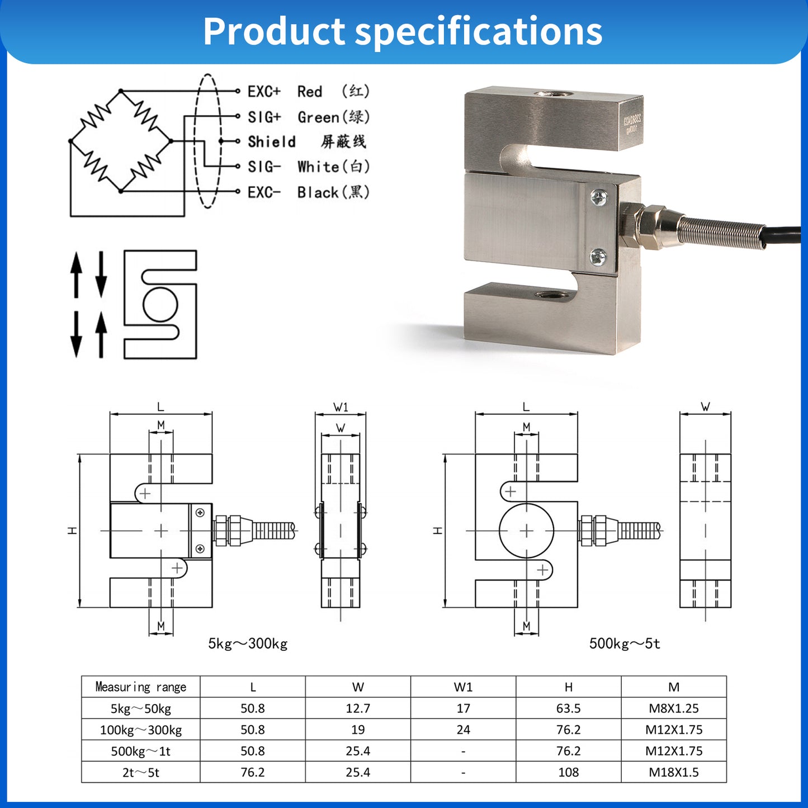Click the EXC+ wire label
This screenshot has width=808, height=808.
pyautogui.click(x=264, y=91)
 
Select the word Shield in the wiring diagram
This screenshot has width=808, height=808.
pyautogui.click(x=272, y=141)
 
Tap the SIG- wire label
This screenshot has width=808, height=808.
pyautogui.click(x=264, y=167)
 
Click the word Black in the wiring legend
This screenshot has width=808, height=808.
pyautogui.click(x=318, y=192)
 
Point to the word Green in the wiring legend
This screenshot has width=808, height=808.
pyautogui.click(x=318, y=117)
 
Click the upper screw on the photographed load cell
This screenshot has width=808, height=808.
pyautogui.click(x=599, y=197)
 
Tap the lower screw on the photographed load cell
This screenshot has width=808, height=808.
pyautogui.click(x=598, y=257)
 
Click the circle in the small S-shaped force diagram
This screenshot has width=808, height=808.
pyautogui.click(x=160, y=304)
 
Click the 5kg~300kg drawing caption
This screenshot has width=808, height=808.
pyautogui.click(x=248, y=644)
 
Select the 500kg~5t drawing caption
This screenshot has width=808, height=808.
pyautogui.click(x=625, y=644)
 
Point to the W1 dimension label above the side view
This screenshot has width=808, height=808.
pyautogui.click(x=341, y=407)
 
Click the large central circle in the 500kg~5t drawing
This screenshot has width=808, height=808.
pyautogui.click(x=526, y=531)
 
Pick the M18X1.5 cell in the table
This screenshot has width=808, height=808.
pyautogui.click(x=673, y=772)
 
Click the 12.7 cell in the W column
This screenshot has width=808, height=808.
pyautogui.click(x=358, y=708)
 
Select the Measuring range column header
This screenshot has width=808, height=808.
pyautogui.click(x=141, y=687)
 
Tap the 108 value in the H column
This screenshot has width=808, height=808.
pyautogui.click(x=568, y=772)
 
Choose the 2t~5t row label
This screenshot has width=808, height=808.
pyautogui.click(x=141, y=772)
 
